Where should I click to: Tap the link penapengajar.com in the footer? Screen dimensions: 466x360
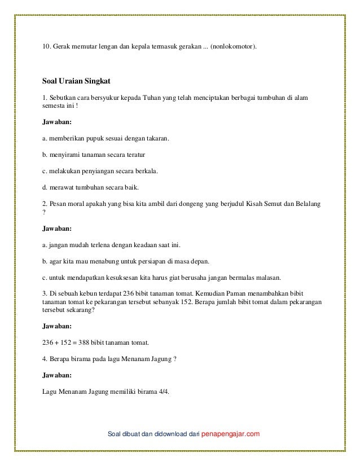coord(231,433)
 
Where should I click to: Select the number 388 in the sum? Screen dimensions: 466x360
coord(85,342)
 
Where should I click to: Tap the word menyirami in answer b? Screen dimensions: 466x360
coord(65,154)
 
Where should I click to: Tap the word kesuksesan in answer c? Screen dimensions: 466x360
coord(112,278)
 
